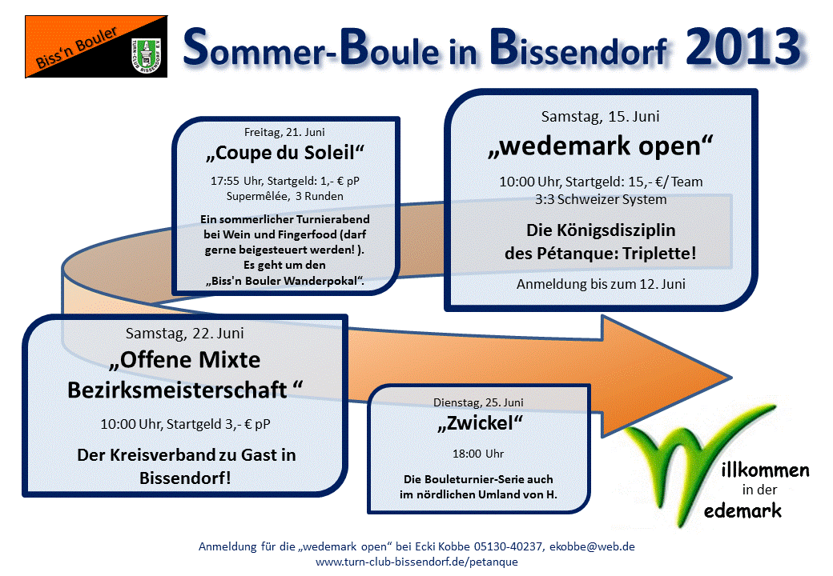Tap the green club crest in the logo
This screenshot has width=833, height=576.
tap(146, 55)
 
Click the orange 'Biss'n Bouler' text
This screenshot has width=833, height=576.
tap(76, 47)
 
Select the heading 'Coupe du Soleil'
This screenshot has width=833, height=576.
tap(285, 153)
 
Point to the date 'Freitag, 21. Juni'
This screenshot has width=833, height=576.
tap(284, 132)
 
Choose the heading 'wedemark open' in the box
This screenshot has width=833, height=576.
tap(600, 146)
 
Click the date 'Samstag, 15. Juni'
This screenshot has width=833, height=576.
tap(600, 117)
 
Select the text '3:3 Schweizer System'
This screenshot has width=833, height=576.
tap(600, 199)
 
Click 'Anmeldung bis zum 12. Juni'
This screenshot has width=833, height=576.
tap(601, 284)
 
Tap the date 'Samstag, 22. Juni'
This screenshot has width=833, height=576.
tap(185, 334)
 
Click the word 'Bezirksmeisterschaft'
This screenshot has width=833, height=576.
tap(178, 390)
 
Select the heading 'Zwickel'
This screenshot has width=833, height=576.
tap(481, 423)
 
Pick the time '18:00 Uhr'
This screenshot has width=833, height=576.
tap(478, 454)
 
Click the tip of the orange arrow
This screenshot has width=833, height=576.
tap(732, 378)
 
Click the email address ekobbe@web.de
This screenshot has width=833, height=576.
tap(593, 547)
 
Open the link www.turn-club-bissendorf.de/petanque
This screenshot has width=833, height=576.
tap(416, 562)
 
